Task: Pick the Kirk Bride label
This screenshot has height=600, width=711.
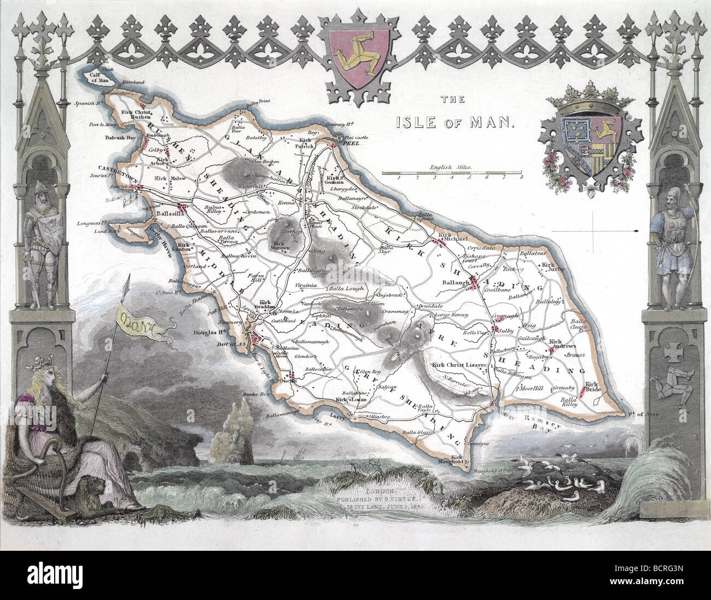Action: pyautogui.click(x=592, y=388)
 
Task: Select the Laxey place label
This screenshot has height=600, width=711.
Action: pyautogui.click(x=345, y=416)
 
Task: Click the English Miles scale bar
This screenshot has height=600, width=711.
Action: pyautogui.click(x=452, y=172)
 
